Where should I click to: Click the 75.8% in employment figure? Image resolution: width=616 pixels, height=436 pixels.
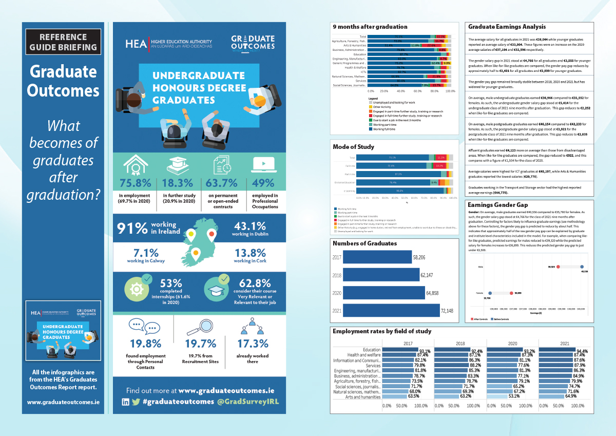tap(136, 183)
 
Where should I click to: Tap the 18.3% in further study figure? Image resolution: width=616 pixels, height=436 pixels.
tap(178, 183)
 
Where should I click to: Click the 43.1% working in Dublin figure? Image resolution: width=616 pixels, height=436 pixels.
tap(249, 226)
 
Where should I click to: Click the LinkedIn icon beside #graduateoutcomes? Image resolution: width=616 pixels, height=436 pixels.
tap(125, 402)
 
